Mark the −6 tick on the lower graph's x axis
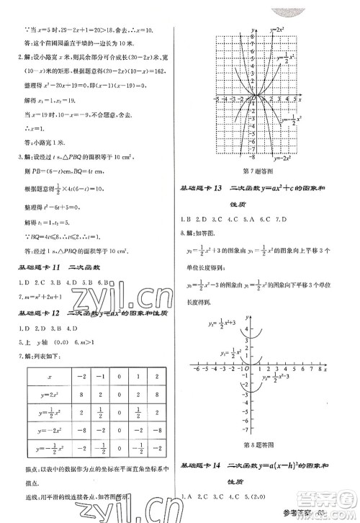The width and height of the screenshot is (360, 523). [196, 370]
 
